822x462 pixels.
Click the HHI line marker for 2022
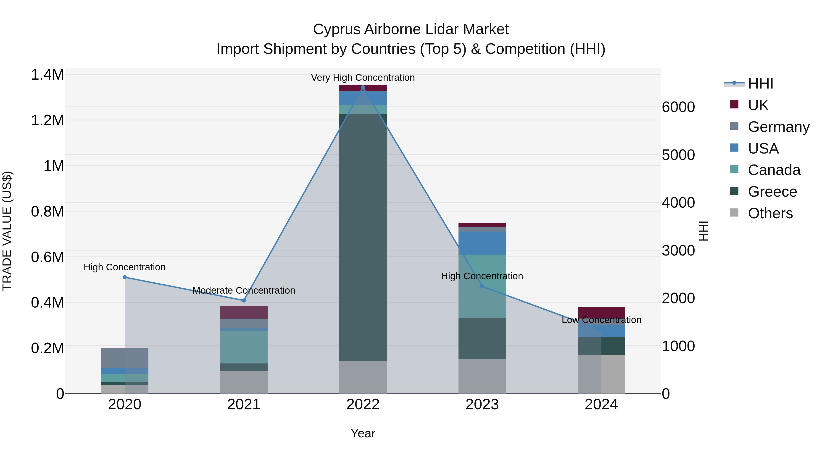click(363, 87)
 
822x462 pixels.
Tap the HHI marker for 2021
click(244, 300)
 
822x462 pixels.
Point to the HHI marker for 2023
click(482, 286)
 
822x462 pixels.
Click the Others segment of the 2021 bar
click(244, 382)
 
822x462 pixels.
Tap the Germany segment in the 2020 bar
click(125, 358)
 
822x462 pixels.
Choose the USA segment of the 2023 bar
click(482, 243)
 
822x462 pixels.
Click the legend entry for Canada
click(774, 170)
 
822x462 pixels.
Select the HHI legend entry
click(760, 84)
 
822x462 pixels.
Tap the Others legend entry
click(770, 213)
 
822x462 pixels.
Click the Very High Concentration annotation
click(363, 78)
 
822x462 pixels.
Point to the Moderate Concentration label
click(244, 290)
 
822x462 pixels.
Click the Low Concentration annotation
click(601, 320)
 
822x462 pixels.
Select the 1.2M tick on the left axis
click(47, 120)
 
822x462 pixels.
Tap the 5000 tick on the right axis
click(678, 155)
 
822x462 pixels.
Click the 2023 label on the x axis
click(482, 405)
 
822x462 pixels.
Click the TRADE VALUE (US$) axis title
click(7, 231)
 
